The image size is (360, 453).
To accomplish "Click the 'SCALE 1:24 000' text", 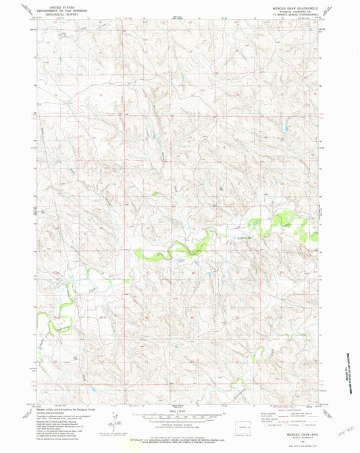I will coord(179,411).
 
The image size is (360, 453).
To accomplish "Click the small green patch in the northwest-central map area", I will coord(155,193).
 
